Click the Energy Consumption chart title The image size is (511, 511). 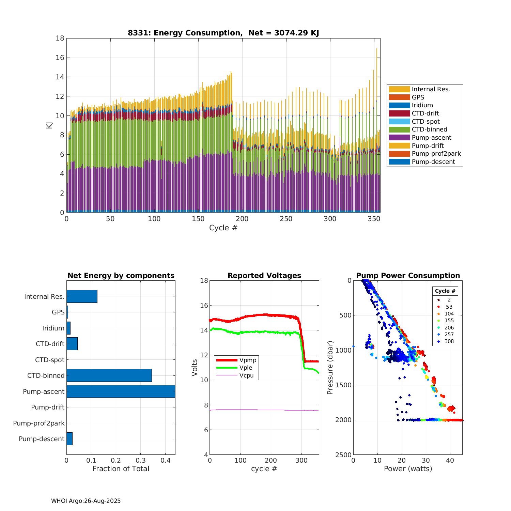coord(223,33)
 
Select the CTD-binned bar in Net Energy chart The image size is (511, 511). coord(109,375)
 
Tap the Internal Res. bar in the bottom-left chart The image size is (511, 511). coord(82,296)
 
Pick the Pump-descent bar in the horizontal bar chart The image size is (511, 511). coord(69,439)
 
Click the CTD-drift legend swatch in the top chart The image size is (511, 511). coord(399,113)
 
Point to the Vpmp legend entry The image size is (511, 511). coord(248,360)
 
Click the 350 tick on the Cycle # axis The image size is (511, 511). coord(374,219)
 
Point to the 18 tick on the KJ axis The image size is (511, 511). coord(60,38)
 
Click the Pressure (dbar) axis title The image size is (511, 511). coord(330,368)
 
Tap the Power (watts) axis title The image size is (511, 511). coord(408,469)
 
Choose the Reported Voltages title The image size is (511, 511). coord(264,276)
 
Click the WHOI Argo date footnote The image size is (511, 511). coord(86,501)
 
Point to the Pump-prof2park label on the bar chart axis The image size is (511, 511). coord(39,423)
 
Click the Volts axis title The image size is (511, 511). coord(195,368)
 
